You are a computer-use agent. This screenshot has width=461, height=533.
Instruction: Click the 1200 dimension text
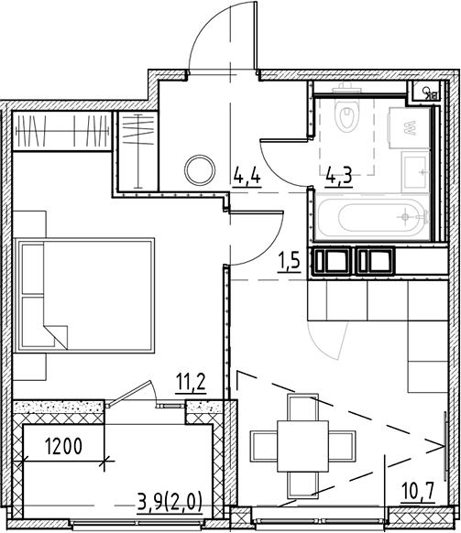(66, 448)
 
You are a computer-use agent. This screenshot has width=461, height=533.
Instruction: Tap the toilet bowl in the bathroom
(348, 115)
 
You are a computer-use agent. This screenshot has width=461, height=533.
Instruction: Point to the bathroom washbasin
(414, 168)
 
